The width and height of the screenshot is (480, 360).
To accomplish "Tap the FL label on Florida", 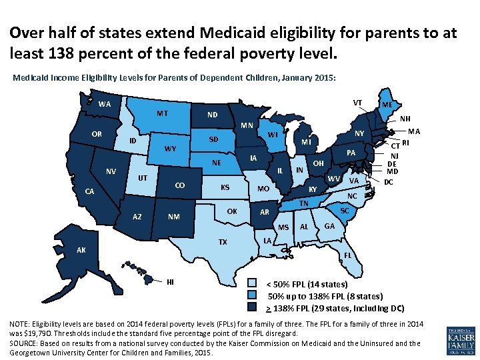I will (348, 255).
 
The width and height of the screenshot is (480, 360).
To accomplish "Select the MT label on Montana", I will (163, 113).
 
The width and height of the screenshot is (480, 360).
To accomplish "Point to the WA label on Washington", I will (105, 104).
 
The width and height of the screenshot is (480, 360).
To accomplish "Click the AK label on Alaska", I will (81, 251).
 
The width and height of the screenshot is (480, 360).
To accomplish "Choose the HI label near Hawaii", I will (171, 281).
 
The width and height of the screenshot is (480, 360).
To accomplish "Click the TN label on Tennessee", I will (303, 203).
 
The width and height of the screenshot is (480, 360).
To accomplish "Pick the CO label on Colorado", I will (179, 186).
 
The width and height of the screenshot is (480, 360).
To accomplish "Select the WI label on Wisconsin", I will (273, 135).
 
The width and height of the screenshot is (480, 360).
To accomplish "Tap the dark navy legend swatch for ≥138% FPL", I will (251, 307).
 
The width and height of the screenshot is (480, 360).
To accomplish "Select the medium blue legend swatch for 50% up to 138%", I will (251, 295).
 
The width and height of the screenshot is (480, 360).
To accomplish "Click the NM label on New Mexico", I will (173, 217).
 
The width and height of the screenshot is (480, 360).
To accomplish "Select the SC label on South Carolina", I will (345, 211).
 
